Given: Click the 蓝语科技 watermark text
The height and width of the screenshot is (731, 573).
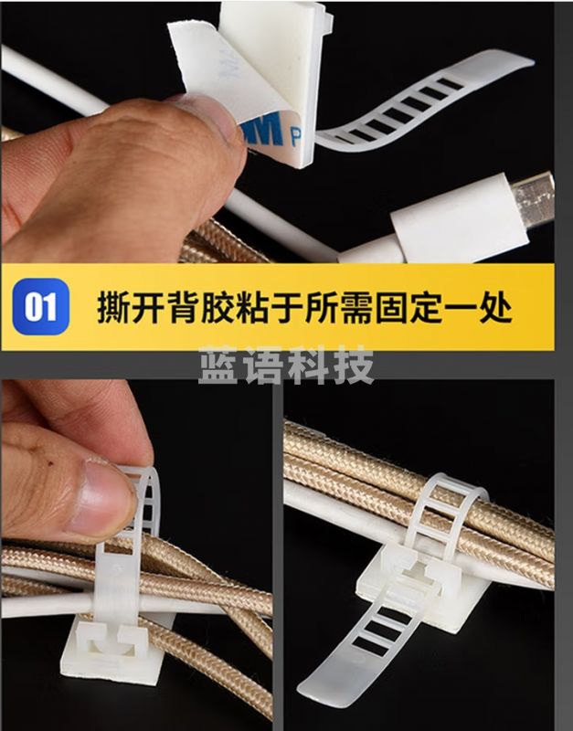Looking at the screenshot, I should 286,366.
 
